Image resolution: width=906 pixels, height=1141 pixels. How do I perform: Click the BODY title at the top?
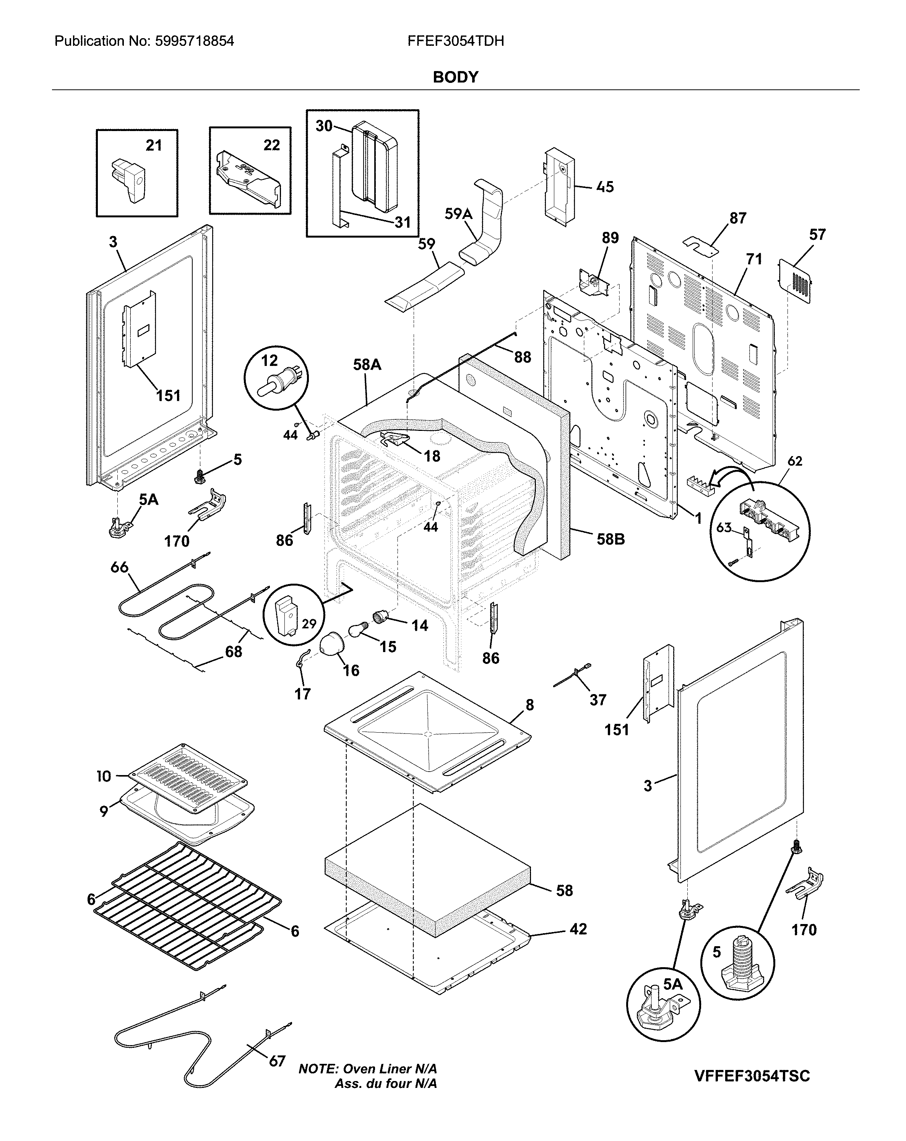pyautogui.click(x=455, y=77)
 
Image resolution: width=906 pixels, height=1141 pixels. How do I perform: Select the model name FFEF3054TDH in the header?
pyautogui.click(x=455, y=41)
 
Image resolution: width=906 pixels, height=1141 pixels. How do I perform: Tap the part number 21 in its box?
pyautogui.click(x=154, y=145)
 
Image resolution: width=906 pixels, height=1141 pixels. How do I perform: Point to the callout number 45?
pyautogui.click(x=605, y=187)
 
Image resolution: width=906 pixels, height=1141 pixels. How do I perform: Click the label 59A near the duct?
pyautogui.click(x=458, y=214)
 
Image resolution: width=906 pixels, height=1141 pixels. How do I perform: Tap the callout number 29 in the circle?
pyautogui.click(x=309, y=623)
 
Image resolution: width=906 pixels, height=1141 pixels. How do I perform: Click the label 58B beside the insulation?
pyautogui.click(x=610, y=539)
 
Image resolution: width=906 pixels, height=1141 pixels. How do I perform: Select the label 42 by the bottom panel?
pyautogui.click(x=578, y=929)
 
